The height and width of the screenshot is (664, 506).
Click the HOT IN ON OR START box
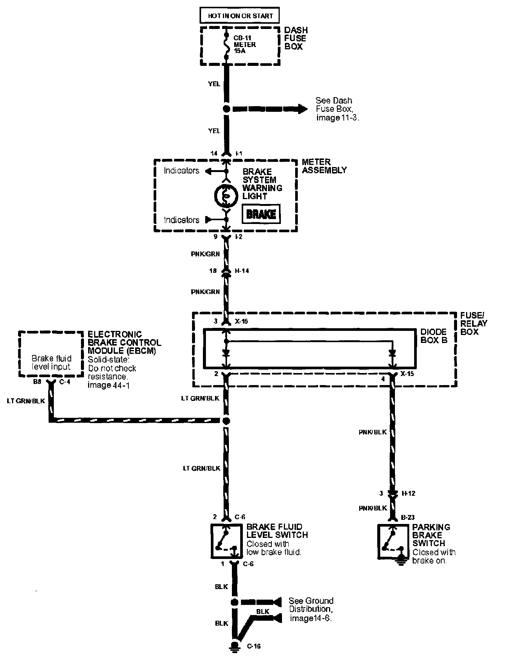tap(240, 16)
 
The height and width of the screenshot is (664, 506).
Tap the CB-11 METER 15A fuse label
tap(245, 44)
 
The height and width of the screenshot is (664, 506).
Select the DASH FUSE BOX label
tap(296, 38)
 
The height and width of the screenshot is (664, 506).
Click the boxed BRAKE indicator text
tap(261, 214)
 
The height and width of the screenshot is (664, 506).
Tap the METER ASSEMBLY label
tap(324, 166)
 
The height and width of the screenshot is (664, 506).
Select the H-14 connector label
tap(242, 271)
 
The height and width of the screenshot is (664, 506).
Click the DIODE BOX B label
tap(433, 336)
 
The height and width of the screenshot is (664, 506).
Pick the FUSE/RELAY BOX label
tap(474, 323)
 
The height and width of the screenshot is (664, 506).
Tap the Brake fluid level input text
tap(51, 362)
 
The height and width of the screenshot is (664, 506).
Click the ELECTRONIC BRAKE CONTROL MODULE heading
tap(124, 342)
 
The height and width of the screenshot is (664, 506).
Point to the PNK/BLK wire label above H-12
tap(373, 432)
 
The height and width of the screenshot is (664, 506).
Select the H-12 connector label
tap(408, 493)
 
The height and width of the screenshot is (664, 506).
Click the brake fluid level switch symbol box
tap(226, 541)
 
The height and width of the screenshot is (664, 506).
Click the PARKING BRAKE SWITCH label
tap(431, 535)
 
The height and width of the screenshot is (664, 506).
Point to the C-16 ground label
tap(254, 646)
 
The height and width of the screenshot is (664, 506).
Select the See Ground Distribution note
tap(311, 609)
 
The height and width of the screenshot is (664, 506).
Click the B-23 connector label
tap(408, 518)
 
